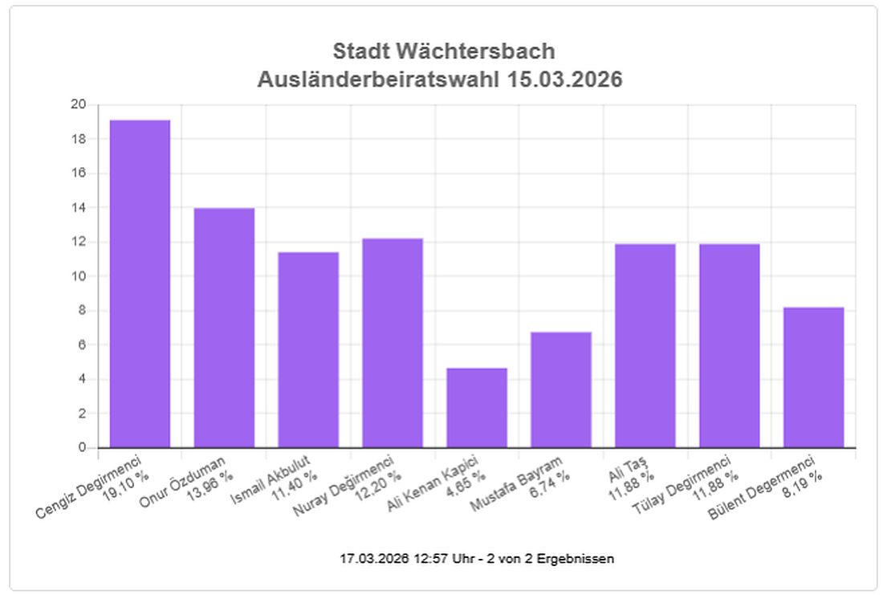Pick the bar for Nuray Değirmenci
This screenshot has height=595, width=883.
tap(393, 343)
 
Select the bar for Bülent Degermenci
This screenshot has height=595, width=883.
tap(814, 377)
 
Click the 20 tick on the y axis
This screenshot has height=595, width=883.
tap(78, 104)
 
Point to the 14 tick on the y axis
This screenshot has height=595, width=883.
tap(78, 207)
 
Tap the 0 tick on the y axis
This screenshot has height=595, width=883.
tap(81, 447)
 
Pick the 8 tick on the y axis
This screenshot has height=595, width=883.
tap(81, 311)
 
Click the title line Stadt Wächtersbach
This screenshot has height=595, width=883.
tap(443, 51)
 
